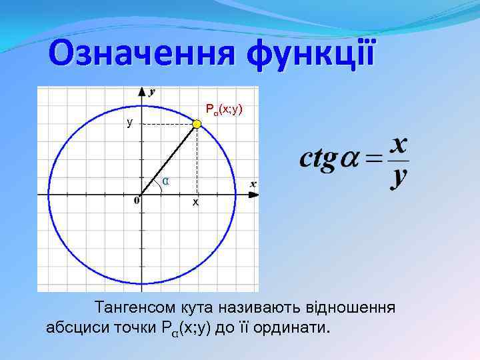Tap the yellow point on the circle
[197, 124]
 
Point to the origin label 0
[136, 199]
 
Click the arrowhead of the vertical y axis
[141, 91]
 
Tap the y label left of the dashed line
[130, 123]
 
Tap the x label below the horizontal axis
[195, 201]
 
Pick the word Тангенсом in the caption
[136, 308]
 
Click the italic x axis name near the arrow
[253, 183]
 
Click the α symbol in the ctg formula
[351, 161]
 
